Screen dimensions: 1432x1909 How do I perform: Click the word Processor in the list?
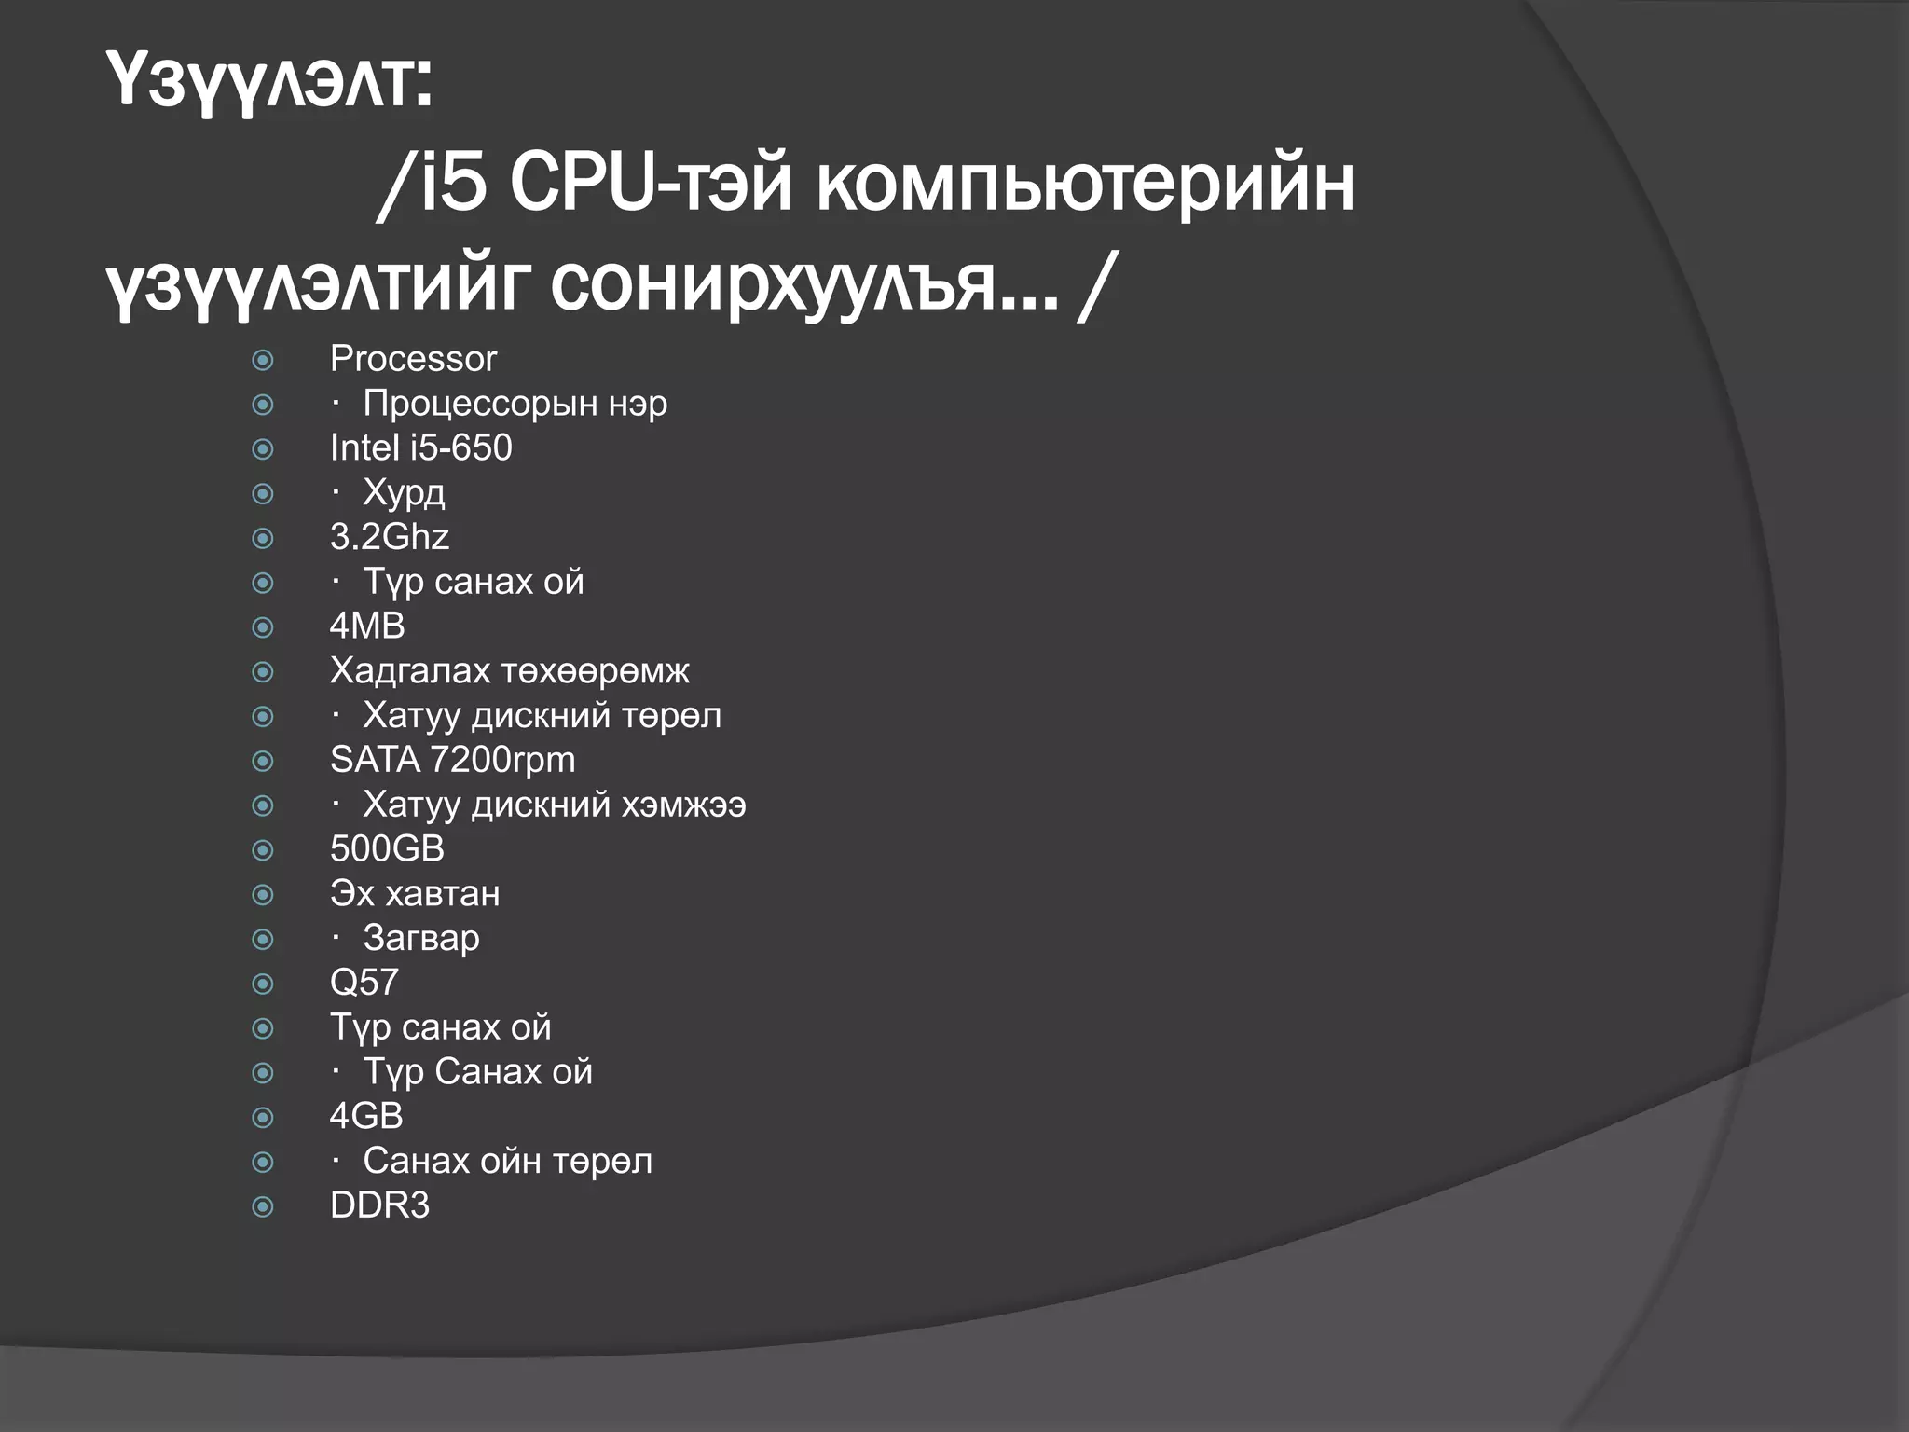pyautogui.click(x=413, y=359)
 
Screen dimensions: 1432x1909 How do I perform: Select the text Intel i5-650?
pyautogui.click(x=420, y=448)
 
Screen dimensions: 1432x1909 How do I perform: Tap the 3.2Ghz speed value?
pyautogui.click(x=389, y=537)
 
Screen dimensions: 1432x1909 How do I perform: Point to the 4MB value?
pyautogui.click(x=367, y=626)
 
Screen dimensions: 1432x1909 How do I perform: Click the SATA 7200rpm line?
pyautogui.click(x=452, y=761)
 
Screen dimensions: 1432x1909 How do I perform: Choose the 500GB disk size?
pyautogui.click(x=387, y=849)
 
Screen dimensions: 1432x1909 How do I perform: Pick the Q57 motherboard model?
pyautogui.click(x=364, y=983)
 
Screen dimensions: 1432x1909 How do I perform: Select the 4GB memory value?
pyautogui.click(x=366, y=1116)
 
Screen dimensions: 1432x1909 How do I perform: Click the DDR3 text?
pyautogui.click(x=379, y=1205)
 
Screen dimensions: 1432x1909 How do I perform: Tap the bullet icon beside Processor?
pyautogui.click(x=263, y=360)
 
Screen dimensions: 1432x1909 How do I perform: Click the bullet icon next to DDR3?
pyautogui.click(x=263, y=1207)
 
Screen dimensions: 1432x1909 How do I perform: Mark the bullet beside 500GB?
pyautogui.click(x=263, y=850)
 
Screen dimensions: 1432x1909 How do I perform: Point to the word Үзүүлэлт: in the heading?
pyautogui.click(x=269, y=82)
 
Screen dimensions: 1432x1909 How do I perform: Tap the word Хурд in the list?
pyautogui.click(x=404, y=493)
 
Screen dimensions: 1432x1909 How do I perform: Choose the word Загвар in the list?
pyautogui.click(x=421, y=939)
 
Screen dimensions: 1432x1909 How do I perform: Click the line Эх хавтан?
pyautogui.click(x=415, y=894)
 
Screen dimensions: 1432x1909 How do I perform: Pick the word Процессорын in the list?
pyautogui.click(x=480, y=404)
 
